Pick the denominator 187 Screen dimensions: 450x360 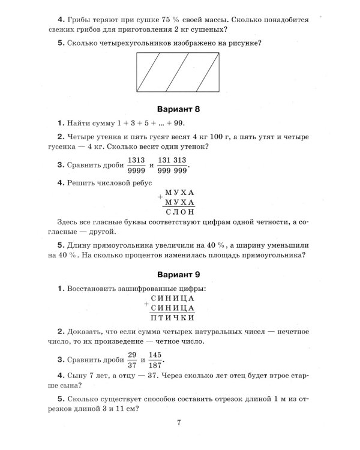point(155,366)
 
